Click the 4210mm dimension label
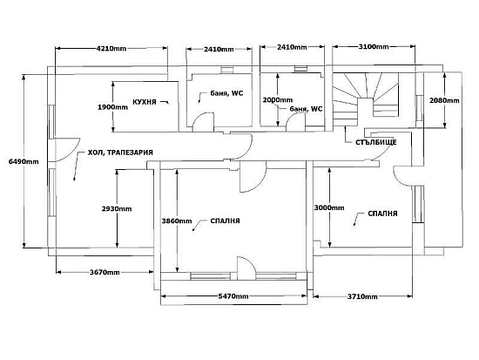(111, 48)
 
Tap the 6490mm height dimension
(24, 161)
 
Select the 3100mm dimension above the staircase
(374, 47)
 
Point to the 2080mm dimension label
(444, 100)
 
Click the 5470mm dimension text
(233, 296)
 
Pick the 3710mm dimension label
(362, 296)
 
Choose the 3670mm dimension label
(105, 272)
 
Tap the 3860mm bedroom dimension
(177, 221)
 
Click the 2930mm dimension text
(117, 209)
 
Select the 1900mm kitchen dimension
(112, 107)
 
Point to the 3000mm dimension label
(329, 207)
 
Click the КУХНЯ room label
(145, 102)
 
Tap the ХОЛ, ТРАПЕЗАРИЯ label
(120, 153)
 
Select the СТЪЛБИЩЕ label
(376, 142)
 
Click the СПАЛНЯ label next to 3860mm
(226, 221)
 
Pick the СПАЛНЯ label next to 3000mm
(383, 214)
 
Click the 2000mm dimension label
(278, 100)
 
